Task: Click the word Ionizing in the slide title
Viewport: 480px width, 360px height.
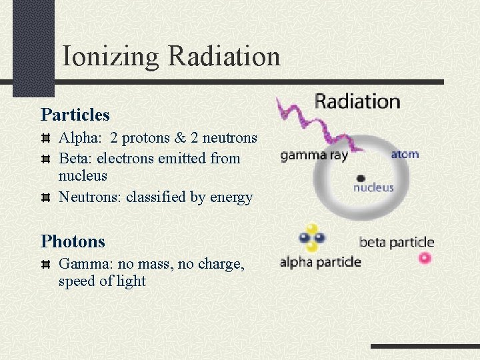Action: click(111, 57)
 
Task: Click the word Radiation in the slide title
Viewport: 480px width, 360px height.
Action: click(224, 56)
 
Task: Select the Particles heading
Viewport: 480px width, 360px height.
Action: click(75, 115)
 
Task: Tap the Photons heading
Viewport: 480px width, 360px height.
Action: click(73, 241)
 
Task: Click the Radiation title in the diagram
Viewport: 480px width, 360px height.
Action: click(357, 101)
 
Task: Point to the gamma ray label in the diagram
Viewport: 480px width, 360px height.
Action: click(314, 155)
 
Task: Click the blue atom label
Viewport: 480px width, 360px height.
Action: click(405, 154)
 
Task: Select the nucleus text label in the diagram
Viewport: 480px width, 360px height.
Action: click(373, 188)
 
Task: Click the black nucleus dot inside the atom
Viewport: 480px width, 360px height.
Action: click(361, 178)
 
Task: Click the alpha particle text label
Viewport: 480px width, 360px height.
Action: click(320, 262)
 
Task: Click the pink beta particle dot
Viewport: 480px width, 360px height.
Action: click(425, 258)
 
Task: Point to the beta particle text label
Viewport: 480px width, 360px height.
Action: click(396, 242)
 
